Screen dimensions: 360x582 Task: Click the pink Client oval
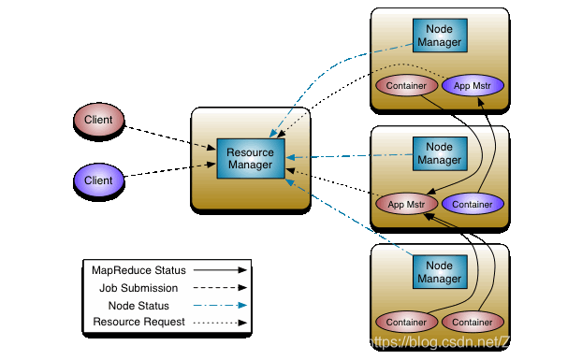(99, 120)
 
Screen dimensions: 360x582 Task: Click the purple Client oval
(99, 180)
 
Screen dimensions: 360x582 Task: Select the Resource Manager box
(250, 159)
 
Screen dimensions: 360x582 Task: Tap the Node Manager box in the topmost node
(439, 36)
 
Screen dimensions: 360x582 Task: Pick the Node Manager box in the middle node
(439, 153)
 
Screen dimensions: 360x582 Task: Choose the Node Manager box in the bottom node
(439, 272)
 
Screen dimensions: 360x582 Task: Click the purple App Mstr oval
(473, 86)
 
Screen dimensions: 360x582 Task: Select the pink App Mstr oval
(406, 204)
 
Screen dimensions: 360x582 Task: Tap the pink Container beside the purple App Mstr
(406, 86)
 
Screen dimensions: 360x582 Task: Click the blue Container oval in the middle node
(473, 204)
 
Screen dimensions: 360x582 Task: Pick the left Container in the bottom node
(406, 322)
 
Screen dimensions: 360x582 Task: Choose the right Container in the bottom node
(473, 322)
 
